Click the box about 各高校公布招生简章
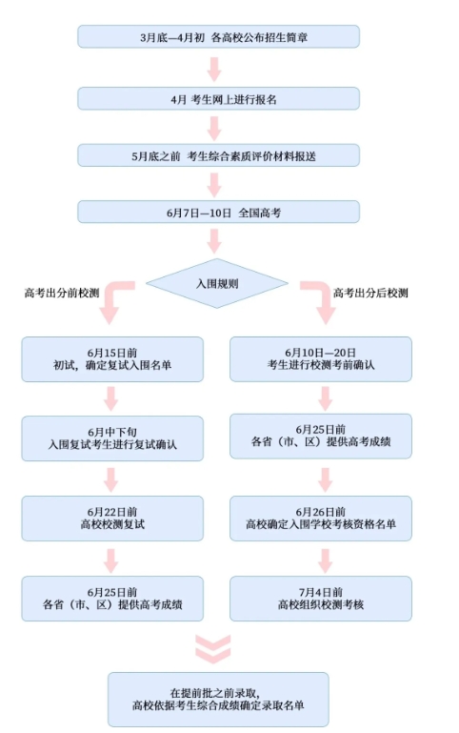pos(218,37)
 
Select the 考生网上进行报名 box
pos(218,99)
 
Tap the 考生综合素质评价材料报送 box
pos(218,155)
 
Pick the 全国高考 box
pos(218,213)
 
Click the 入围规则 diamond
pos(217,283)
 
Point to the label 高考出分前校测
pos(62,294)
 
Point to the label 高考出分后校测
pos(370,294)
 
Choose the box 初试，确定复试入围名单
pos(112,359)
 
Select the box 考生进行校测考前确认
pos(321,359)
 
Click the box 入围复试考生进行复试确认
pos(112,438)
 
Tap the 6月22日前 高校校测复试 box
pos(112,519)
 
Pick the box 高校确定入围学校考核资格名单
pos(321,519)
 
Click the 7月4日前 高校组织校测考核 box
pos(321,599)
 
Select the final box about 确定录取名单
pos(218,700)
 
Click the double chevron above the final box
pos(213,649)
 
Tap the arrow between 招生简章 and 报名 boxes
pos(214,70)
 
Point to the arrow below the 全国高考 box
pos(214,241)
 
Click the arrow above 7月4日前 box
pos(326,561)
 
